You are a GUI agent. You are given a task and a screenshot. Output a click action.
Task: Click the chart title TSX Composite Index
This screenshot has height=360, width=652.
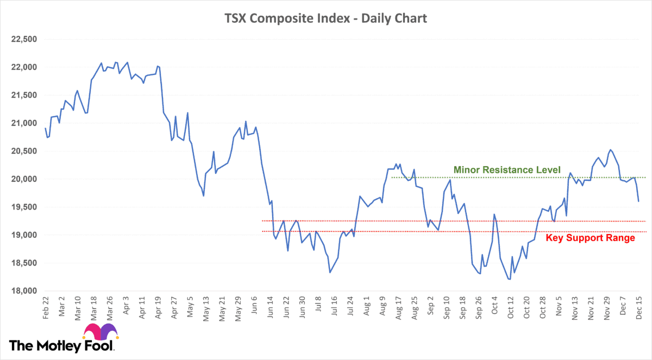pos(326,18)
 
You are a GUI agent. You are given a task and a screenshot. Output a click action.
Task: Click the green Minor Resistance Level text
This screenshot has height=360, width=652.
pos(506,170)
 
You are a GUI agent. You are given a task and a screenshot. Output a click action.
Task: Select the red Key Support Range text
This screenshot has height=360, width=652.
pos(590,238)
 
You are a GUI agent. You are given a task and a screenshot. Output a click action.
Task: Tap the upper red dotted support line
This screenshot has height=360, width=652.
pos(380,221)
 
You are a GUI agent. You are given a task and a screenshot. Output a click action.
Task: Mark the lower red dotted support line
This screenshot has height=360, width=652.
pos(380,232)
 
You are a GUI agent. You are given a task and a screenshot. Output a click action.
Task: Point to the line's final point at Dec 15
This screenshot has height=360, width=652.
pos(638,201)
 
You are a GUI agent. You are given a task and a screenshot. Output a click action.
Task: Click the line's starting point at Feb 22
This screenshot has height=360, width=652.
pos(45,128)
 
